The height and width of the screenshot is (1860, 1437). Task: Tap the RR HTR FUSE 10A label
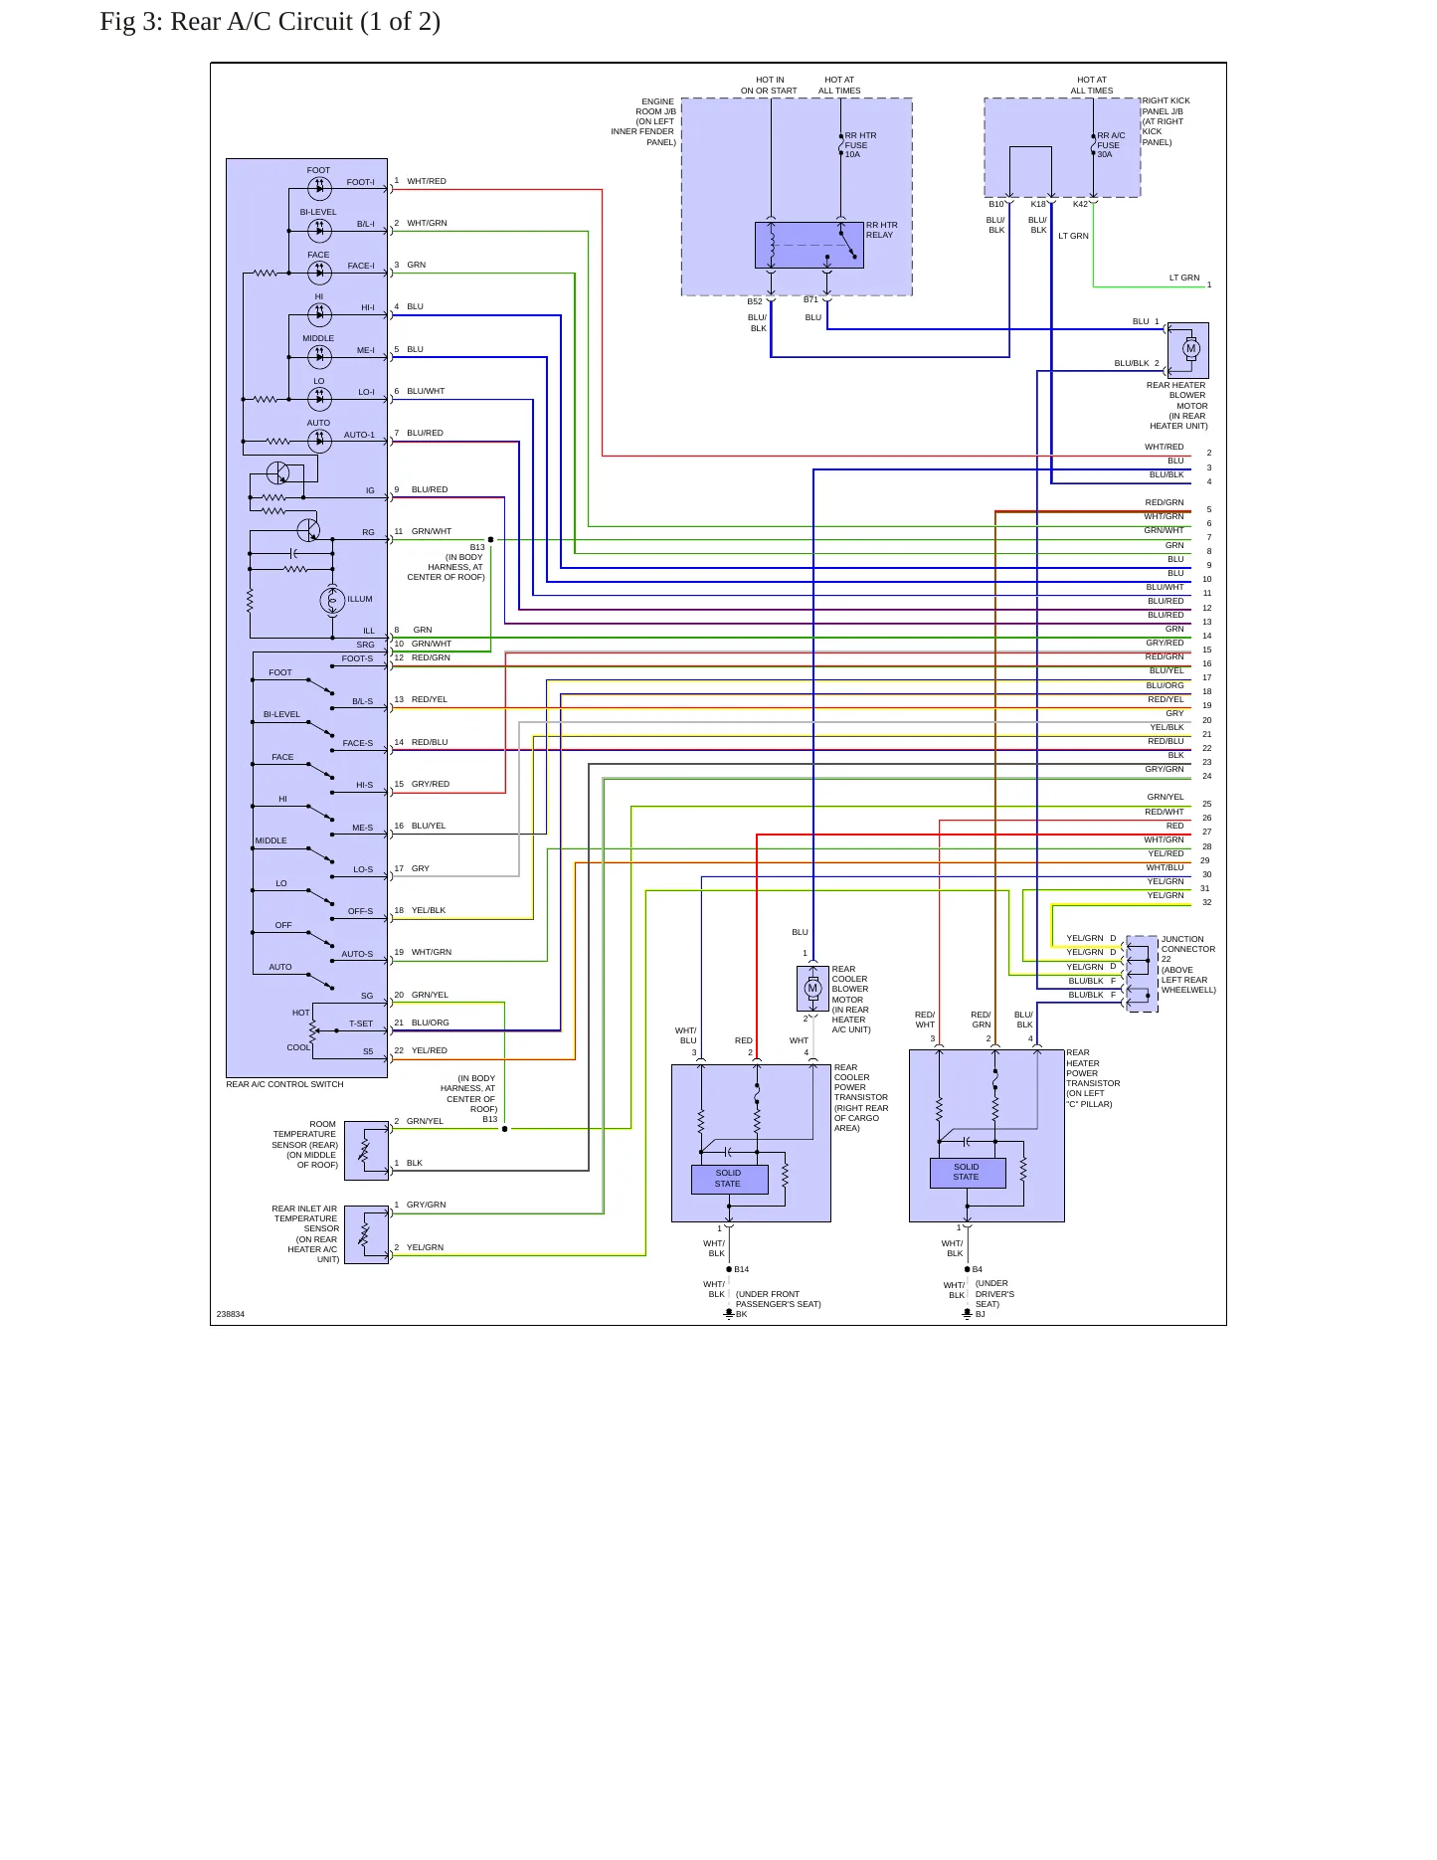click(x=860, y=145)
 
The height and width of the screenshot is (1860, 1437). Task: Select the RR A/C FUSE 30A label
click(x=1111, y=145)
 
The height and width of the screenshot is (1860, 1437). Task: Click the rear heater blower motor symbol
click(x=1190, y=349)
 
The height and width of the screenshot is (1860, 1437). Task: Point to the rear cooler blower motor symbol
click(x=812, y=989)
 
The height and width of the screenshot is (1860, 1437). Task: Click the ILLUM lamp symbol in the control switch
click(x=332, y=600)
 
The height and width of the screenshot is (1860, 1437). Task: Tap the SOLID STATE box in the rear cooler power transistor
click(x=729, y=1179)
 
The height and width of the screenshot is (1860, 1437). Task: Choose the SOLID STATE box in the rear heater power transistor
click(x=967, y=1173)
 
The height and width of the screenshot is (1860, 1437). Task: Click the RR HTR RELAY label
click(x=881, y=230)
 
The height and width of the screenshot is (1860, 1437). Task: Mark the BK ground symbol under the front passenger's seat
click(x=729, y=1314)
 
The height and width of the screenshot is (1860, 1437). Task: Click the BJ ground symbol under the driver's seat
click(x=967, y=1314)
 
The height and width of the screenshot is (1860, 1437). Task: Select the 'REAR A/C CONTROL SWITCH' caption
click(x=284, y=1084)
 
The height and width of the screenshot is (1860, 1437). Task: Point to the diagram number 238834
click(x=231, y=1314)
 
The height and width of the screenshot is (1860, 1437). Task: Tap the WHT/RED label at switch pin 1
click(x=427, y=181)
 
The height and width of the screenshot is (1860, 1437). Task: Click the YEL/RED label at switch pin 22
click(x=430, y=1050)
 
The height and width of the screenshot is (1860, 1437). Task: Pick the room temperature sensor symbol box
click(x=366, y=1151)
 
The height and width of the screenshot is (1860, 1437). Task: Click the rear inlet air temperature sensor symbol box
click(x=366, y=1234)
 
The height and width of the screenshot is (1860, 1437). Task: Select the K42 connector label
click(x=1080, y=204)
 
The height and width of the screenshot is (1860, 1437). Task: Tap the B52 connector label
click(x=755, y=301)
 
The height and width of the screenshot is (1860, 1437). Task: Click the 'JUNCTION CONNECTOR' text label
click(x=1188, y=944)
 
